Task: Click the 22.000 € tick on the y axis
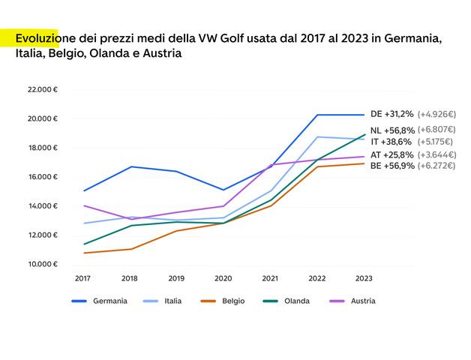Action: coord(43,89)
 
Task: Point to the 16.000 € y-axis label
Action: coord(43,177)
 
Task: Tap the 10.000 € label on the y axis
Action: coord(43,264)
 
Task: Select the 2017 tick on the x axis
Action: coord(82,277)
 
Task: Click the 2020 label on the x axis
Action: coord(223,277)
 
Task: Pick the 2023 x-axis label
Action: coord(363,277)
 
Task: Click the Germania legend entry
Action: coord(109,301)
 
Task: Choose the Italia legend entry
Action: coord(172,301)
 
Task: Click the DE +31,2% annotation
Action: coord(391,114)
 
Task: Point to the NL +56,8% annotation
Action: coord(391,130)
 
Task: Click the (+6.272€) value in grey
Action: coord(436,165)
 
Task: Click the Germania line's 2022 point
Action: coord(316,115)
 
